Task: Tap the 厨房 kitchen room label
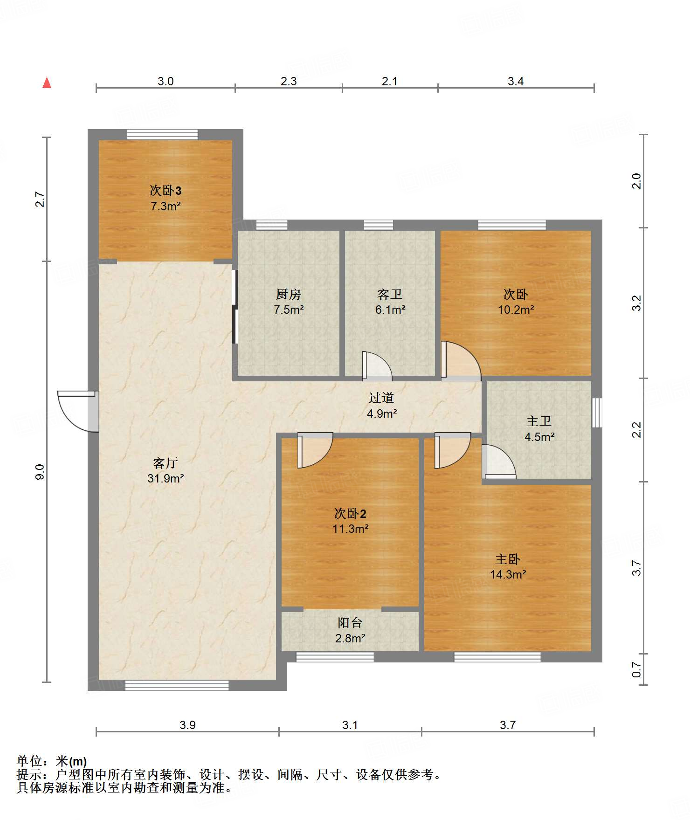point(289,294)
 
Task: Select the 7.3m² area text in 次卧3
point(166,206)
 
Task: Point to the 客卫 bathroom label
point(390,294)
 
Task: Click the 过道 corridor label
point(381,398)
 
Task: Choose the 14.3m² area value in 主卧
point(508,574)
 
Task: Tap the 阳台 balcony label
point(350,622)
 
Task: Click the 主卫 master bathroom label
point(539,421)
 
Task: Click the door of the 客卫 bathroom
point(377,365)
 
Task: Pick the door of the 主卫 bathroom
point(499,462)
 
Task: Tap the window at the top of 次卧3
point(162,134)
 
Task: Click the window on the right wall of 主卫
point(597,413)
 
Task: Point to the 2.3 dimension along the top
point(289,81)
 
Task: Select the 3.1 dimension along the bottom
point(350,725)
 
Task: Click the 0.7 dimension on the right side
point(637,670)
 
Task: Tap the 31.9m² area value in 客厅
point(166,478)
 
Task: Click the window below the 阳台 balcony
point(335,657)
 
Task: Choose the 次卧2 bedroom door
point(315,450)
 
